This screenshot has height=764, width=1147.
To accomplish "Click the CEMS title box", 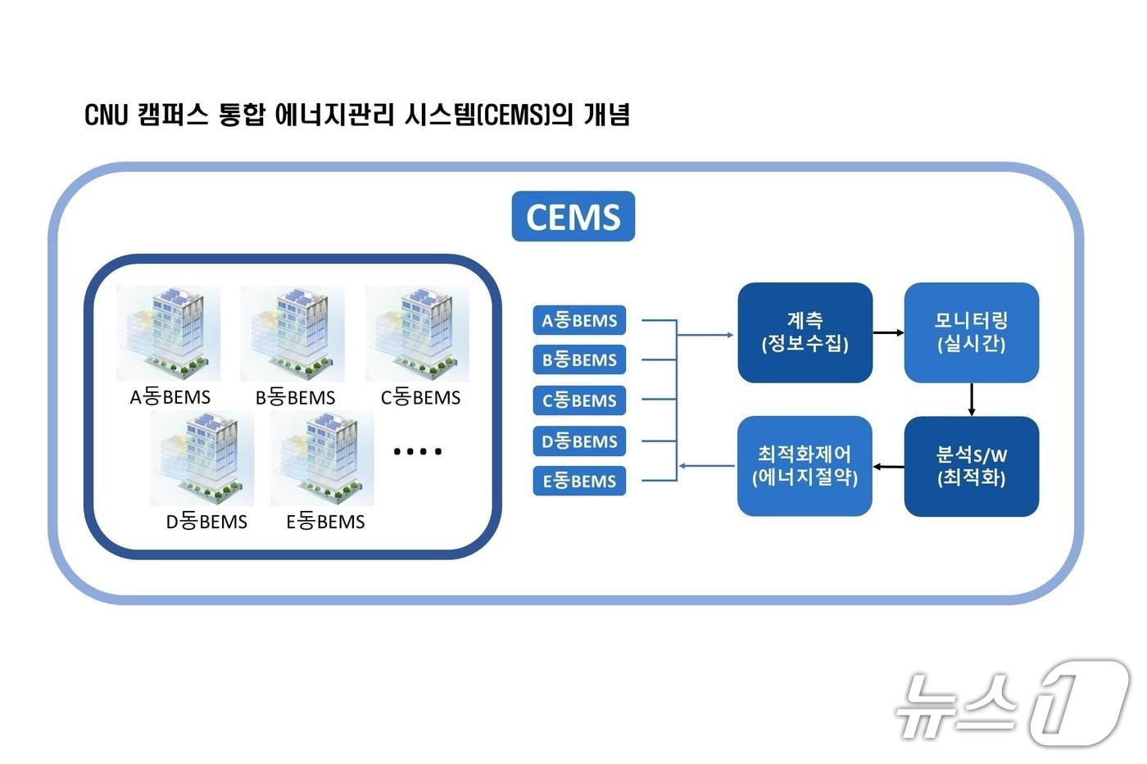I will click(x=573, y=216).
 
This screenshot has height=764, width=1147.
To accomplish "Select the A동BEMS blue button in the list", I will click(x=579, y=320).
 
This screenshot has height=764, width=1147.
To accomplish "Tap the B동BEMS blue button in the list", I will click(x=579, y=359).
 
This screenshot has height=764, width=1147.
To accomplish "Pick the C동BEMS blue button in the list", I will click(x=579, y=400).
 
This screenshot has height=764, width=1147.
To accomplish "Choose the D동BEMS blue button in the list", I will click(x=579, y=441).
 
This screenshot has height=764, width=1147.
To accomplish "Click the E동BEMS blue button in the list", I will click(x=579, y=481).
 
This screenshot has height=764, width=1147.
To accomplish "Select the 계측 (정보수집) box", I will click(x=805, y=332).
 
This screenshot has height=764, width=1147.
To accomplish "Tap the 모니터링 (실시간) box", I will click(x=971, y=332).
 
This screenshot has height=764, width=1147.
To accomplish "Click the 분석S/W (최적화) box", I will click(x=971, y=467).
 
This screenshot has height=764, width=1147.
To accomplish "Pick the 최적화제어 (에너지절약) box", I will click(x=805, y=467).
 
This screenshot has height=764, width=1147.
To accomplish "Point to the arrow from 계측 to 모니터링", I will click(x=888, y=332).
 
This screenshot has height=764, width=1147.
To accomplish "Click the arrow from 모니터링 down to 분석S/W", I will click(x=972, y=400).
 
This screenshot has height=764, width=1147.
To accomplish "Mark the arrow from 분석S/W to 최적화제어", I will click(x=888, y=467).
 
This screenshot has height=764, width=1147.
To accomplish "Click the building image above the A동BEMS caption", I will click(x=169, y=333).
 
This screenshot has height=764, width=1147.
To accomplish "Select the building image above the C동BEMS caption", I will click(x=417, y=333).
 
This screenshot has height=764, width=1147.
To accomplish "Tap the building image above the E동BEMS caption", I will click(x=323, y=459).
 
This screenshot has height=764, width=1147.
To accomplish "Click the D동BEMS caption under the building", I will click(x=206, y=522).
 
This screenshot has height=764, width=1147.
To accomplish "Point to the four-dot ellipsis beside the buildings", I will click(x=417, y=451).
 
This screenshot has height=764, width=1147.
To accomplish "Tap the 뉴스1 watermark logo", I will click(x=1012, y=703).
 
